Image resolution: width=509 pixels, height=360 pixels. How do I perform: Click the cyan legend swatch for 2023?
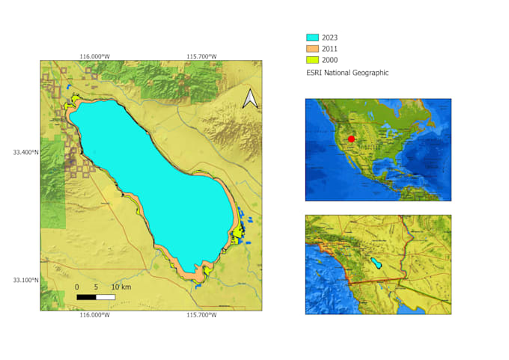(x=313, y=37)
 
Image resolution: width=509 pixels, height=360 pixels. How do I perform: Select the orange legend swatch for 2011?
(x=313, y=48)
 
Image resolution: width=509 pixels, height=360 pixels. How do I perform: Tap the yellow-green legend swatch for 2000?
(x=313, y=60)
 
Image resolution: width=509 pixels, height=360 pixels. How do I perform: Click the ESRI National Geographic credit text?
(x=347, y=73)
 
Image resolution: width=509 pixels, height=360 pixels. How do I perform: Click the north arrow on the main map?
(x=250, y=99)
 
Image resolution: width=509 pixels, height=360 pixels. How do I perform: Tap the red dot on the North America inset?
(x=351, y=139)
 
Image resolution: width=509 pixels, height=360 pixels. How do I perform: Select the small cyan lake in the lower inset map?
(x=377, y=263)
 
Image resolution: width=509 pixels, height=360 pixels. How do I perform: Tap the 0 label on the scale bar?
(x=77, y=287)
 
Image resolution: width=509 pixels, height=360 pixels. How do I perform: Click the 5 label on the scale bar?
(x=96, y=287)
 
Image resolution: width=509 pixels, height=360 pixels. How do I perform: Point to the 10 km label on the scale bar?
(x=121, y=287)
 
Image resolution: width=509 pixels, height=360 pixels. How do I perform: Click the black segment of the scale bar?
(x=86, y=297)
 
